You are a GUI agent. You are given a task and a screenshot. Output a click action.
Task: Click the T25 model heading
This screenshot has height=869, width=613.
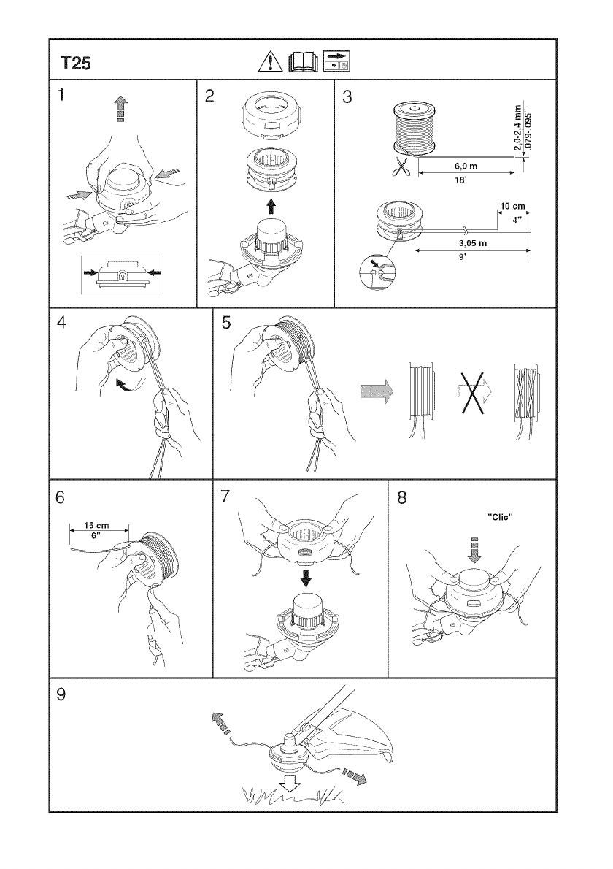tap(76, 64)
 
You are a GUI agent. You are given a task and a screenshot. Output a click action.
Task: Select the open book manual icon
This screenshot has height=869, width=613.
tap(303, 61)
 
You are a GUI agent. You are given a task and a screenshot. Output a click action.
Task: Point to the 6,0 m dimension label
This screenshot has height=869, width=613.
tap(466, 166)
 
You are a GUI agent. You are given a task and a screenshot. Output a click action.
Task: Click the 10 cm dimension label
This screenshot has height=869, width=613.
tap(513, 207)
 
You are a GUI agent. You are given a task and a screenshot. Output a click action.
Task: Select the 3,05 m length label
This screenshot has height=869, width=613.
tap(473, 243)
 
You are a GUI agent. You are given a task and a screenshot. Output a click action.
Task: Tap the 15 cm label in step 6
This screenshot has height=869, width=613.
tap(96, 525)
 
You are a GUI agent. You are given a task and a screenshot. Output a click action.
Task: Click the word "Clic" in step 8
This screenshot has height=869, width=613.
tap(500, 517)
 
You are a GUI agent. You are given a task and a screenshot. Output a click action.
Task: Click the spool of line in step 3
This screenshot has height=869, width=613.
tap(415, 129)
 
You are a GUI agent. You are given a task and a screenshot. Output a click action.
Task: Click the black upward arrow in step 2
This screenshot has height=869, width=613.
tap(271, 206)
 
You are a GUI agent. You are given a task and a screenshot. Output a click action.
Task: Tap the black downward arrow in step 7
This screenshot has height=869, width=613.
tap(305, 578)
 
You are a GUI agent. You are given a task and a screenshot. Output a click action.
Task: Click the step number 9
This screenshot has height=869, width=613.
tap(61, 694)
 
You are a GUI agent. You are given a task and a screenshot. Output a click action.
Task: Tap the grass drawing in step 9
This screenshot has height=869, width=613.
tap(294, 797)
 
